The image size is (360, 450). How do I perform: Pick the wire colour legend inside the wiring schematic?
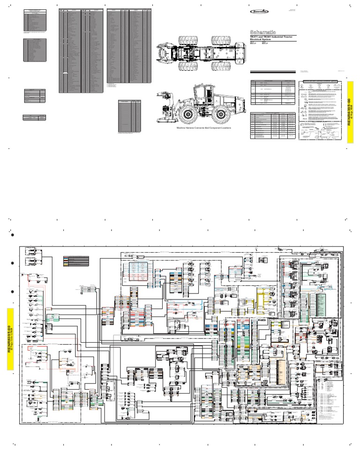click(77, 261)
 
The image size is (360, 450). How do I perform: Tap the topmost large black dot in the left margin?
click(14, 235)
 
